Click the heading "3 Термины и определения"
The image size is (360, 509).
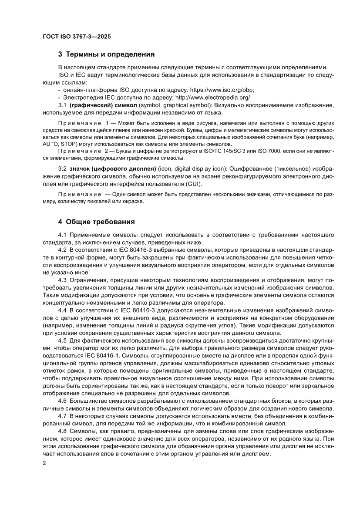coord(107,54)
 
